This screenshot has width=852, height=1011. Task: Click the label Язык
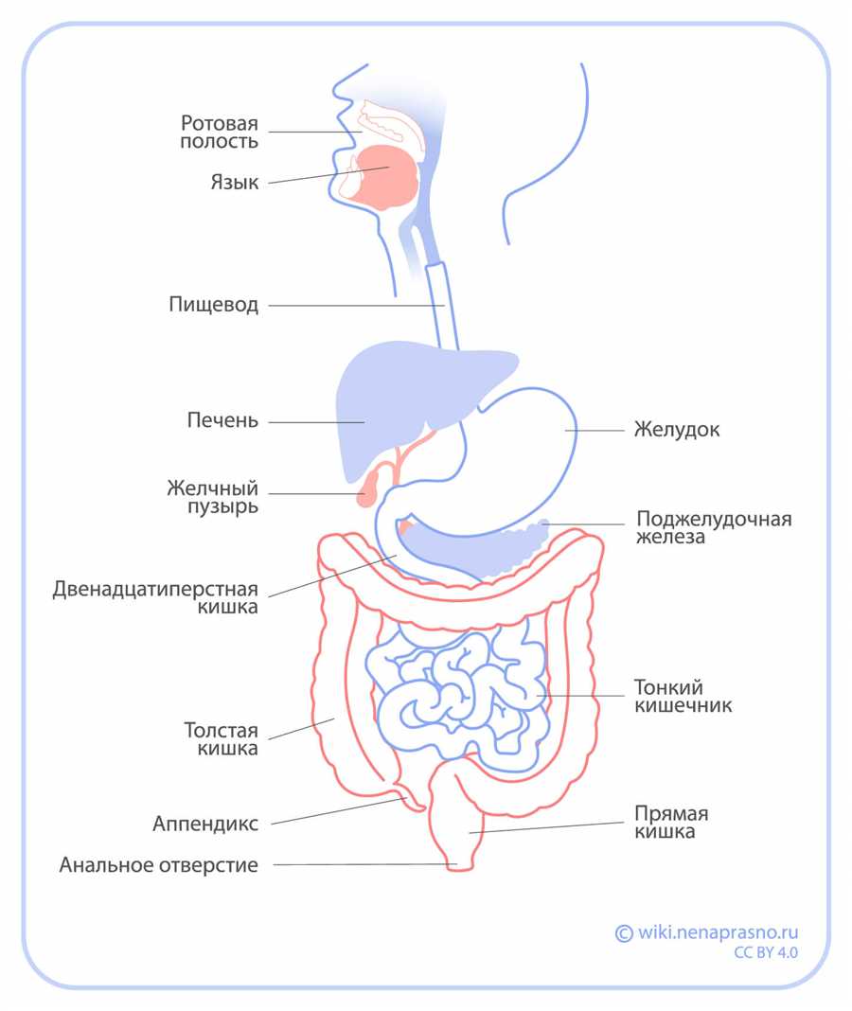pos(235,183)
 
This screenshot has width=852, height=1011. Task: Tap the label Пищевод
pos(214,304)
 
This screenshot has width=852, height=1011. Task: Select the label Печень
pos(222,420)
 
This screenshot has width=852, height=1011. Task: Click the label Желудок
pos(677,430)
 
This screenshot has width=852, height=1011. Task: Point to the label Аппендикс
pos(205,824)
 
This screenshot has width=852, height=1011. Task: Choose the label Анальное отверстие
pos(159,864)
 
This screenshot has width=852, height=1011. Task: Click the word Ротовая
pos(220,122)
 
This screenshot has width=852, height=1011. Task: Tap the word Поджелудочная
pos(714,520)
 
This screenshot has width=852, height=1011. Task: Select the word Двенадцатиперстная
pos(155,590)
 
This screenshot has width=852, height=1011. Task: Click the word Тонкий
pos(668,687)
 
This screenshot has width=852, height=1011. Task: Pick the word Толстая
pos(222,731)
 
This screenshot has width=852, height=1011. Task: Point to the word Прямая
pos(671,814)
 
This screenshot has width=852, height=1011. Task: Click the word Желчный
pos(212,488)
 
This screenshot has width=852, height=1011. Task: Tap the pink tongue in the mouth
pos(385,177)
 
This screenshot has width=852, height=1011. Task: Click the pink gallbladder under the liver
pos(368,488)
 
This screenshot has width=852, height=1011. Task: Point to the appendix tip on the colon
pos(420,808)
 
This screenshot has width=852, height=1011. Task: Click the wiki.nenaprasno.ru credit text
pos(718,932)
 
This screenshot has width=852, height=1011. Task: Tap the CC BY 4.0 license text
pos(766,953)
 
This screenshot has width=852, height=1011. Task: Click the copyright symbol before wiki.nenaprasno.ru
pos(624,933)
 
